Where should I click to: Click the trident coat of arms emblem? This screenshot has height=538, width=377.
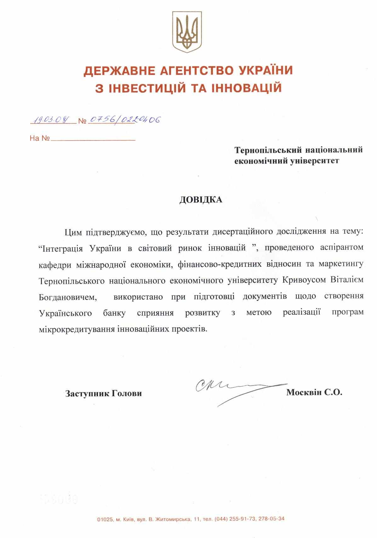point(187,32)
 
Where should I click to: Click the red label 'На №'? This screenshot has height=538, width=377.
point(40,138)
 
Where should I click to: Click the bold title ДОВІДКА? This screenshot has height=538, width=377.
point(201,200)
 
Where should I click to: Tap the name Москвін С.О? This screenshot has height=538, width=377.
point(314,392)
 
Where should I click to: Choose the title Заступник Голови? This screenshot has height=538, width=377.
point(103,393)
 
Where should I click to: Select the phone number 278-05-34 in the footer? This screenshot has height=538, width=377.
point(271,519)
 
